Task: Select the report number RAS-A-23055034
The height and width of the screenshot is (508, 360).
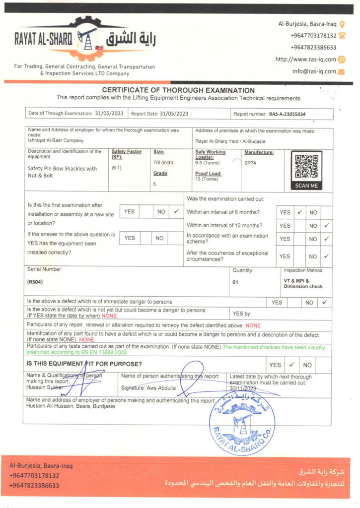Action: click(x=287, y=114)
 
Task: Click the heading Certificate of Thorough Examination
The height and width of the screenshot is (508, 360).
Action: click(x=178, y=90)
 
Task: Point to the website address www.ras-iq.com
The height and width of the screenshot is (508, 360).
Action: click(x=306, y=60)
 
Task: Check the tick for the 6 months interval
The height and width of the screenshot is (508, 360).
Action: click(x=299, y=212)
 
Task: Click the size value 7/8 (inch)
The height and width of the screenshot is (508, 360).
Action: click(x=163, y=162)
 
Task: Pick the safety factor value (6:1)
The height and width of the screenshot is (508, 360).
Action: click(x=118, y=168)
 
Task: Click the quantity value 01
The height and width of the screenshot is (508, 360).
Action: click(x=235, y=282)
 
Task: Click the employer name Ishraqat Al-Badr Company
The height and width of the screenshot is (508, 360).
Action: click(x=56, y=141)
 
